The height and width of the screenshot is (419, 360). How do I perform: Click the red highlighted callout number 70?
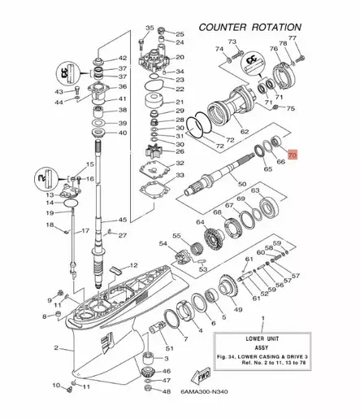293,152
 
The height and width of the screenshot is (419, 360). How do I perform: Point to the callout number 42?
123,58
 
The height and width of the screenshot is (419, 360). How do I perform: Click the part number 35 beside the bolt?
149,28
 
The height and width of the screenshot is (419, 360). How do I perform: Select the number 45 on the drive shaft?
123,220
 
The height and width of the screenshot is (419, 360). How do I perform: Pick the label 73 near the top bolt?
232,41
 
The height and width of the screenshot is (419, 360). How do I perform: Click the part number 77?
293,39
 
